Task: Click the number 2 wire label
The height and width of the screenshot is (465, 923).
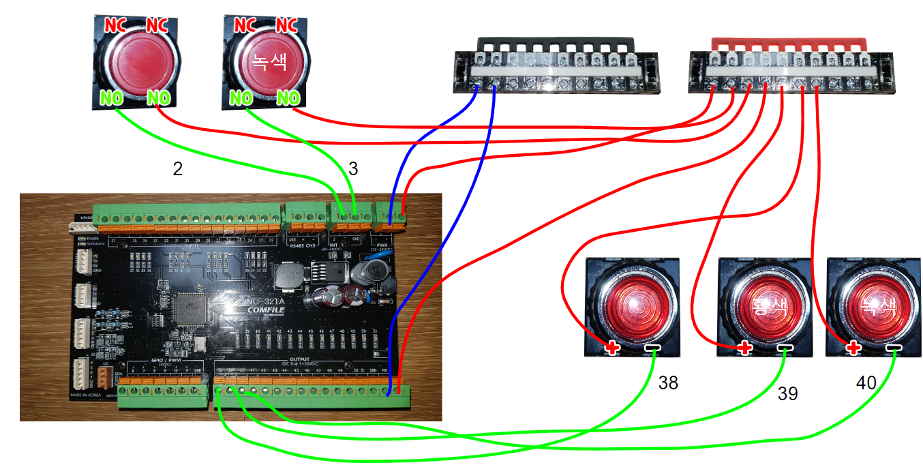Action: (x=177, y=170)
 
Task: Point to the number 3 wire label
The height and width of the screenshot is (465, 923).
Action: (x=353, y=168)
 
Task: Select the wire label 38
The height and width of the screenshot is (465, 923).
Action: (x=668, y=384)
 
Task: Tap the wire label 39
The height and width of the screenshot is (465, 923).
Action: (x=787, y=394)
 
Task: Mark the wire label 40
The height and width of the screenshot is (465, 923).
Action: (x=866, y=384)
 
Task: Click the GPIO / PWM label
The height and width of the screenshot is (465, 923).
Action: (x=162, y=359)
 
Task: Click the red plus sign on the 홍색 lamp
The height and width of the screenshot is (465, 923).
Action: (x=744, y=348)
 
